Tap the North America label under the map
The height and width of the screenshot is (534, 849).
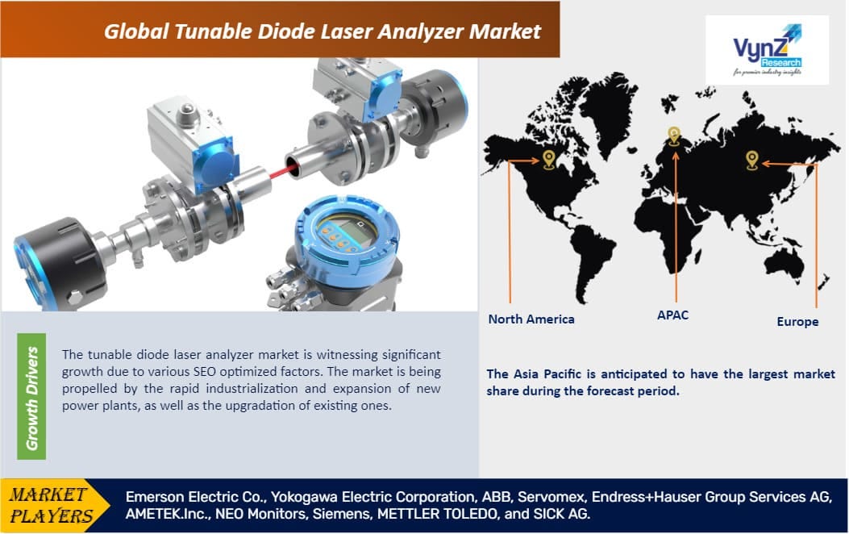click(531, 319)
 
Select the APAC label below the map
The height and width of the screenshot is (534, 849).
click(672, 315)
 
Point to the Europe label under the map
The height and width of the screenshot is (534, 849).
click(797, 321)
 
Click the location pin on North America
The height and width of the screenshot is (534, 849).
click(548, 158)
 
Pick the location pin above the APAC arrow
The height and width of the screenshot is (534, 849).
click(674, 136)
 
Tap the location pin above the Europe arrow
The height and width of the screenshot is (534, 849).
click(752, 159)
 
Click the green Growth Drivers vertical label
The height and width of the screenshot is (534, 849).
click(32, 398)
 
